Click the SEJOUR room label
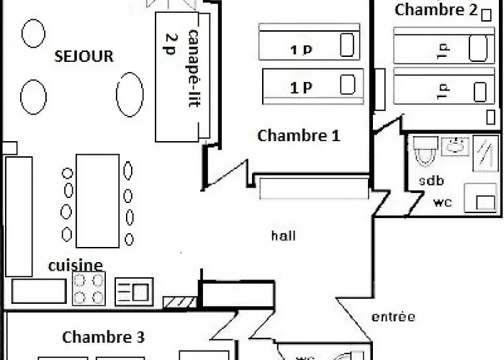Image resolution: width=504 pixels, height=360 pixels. point(84,56)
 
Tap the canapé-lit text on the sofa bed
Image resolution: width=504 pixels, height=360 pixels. point(194,68)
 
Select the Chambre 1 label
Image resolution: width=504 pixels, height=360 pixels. point(298,135)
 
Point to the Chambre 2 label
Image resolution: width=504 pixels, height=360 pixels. point(436,10)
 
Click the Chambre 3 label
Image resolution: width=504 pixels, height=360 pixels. point(104,337)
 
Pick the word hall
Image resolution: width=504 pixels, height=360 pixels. point(284,235)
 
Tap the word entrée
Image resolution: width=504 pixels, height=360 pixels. point(393,317)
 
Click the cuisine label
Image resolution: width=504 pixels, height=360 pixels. point(76,266)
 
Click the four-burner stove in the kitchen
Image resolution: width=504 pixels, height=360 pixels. point(90,289)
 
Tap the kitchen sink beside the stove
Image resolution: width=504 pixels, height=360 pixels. point(134,291)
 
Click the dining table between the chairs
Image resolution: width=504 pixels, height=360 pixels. point(97,200)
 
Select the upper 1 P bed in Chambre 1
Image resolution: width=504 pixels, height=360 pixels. point(308,44)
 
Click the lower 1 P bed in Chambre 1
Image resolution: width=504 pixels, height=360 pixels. point(310,84)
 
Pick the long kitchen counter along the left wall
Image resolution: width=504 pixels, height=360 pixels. point(19,216)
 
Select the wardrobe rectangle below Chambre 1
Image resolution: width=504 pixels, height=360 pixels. point(314,189)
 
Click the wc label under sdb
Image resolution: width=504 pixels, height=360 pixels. point(442,203)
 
